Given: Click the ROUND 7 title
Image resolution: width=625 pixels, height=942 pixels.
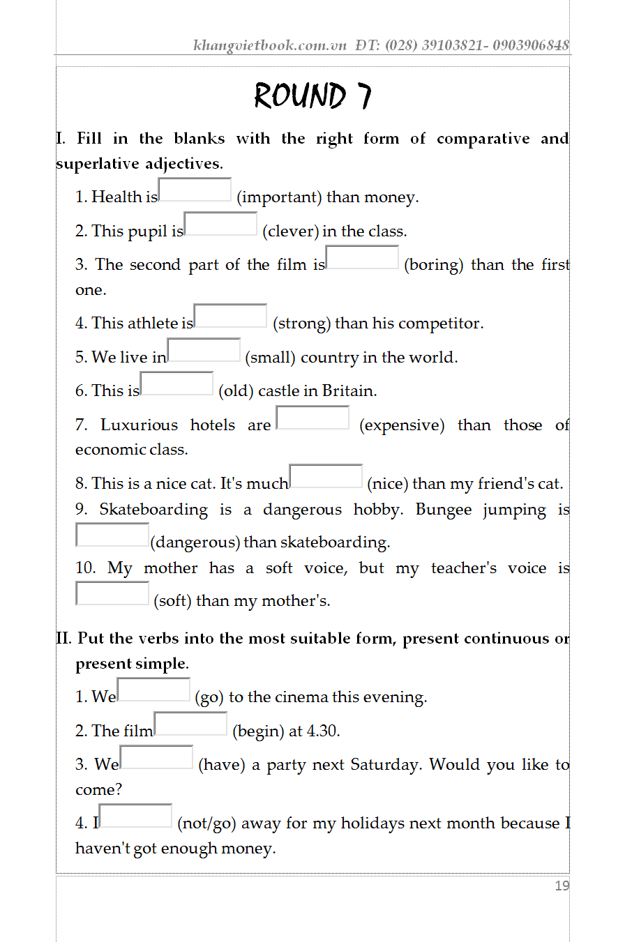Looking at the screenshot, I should pos(312,96).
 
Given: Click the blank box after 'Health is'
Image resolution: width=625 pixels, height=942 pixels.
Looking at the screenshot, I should pos(195,190).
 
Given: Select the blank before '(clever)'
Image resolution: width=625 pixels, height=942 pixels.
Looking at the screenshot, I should pos(220,224).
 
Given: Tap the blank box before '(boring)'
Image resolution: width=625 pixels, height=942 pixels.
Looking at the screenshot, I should pos(362,257).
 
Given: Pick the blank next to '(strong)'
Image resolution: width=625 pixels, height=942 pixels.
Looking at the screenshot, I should pos(230,316).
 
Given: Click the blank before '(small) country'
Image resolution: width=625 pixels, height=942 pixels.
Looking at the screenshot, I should pos(204,350).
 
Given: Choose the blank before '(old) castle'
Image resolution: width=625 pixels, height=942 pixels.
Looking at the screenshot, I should pos(176,383).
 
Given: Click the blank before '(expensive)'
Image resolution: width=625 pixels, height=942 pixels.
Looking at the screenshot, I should pos(312,418).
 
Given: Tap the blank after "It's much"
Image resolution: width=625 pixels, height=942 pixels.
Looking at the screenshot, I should pos(326,476).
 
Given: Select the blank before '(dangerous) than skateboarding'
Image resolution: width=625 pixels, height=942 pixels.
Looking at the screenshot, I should pos(112,535).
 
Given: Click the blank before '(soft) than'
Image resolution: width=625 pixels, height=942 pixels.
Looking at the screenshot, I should pos(112,593).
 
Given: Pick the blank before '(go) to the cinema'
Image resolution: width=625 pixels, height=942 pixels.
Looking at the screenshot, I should pos(153,690).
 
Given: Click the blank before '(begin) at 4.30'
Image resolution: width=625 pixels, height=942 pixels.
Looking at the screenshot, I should pos(190,724).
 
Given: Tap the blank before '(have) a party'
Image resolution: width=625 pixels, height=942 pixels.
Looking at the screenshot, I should pos(156,757).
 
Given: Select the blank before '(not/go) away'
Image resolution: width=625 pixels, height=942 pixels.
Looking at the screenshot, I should pos(135,816).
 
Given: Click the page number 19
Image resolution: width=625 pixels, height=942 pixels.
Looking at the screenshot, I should pos(562,886).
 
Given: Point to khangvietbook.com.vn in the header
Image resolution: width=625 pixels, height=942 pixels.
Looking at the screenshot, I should pos(270,46).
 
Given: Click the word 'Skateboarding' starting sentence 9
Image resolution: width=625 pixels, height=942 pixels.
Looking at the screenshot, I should pos(153,510).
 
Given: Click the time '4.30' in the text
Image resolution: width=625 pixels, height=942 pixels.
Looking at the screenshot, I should pos(323,731).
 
